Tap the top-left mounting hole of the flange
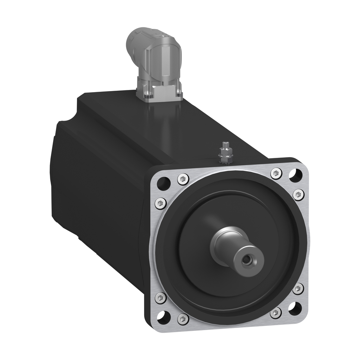coord(164,183)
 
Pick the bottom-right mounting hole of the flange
coord(295,308)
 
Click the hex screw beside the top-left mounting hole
coord(183,179)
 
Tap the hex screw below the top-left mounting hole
coord(160,203)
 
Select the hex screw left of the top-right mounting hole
coord(276,173)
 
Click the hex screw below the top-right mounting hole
coord(298,194)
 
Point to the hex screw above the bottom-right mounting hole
coord(298,289)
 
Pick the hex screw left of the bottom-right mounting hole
coord(276,313)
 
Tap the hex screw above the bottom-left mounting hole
coord(160,297)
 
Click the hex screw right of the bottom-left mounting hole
coord(183,319)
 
